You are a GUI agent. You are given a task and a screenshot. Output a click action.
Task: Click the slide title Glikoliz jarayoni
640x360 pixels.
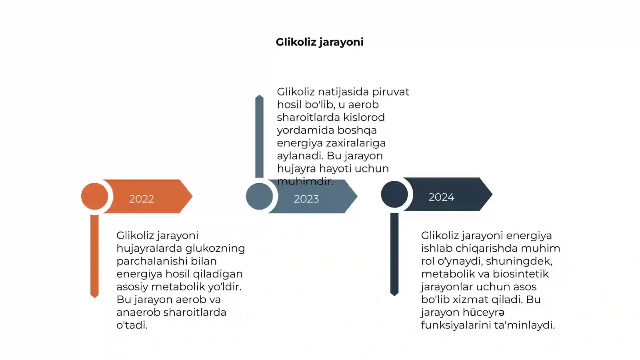[x=320, y=42]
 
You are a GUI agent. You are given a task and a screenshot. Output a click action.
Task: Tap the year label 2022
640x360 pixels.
[x=142, y=199]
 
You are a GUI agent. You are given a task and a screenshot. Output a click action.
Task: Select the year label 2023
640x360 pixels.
[x=306, y=199]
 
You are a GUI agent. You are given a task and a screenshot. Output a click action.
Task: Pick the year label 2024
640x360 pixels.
[x=441, y=197]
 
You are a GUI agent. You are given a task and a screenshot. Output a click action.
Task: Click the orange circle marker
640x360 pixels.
[x=94, y=196]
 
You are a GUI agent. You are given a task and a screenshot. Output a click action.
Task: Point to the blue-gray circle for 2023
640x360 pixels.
[x=260, y=196]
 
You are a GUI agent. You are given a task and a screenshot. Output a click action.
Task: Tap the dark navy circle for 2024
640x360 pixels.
[x=394, y=194]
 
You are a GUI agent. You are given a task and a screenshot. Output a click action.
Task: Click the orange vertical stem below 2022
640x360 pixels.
[x=94, y=256]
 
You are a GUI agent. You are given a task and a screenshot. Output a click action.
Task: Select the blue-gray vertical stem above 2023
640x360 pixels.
[x=260, y=136]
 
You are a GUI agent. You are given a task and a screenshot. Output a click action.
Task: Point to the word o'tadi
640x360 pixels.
[x=132, y=325]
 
